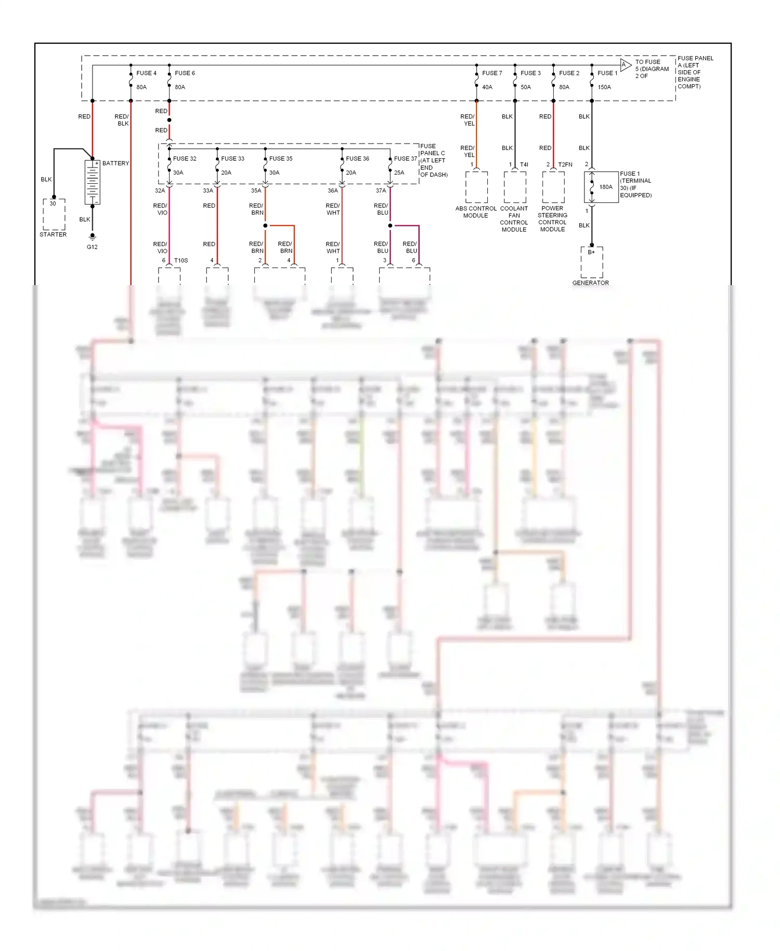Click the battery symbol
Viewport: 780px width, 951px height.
pyautogui.click(x=93, y=182)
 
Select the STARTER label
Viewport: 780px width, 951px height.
pyautogui.click(x=53, y=235)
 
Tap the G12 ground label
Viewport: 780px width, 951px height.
pyautogui.click(x=92, y=247)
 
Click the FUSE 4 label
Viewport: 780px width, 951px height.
pyautogui.click(x=146, y=73)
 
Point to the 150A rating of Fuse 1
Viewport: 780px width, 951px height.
pyautogui.click(x=604, y=87)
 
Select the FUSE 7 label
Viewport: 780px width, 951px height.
pyautogui.click(x=492, y=73)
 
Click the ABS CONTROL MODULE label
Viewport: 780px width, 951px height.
pyautogui.click(x=476, y=212)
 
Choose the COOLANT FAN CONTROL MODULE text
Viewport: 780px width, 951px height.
pyautogui.click(x=514, y=219)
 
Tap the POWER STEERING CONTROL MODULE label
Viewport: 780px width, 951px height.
pyautogui.click(x=552, y=219)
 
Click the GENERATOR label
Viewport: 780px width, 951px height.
pyautogui.click(x=590, y=283)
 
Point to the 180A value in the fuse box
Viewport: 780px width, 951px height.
pyautogui.click(x=606, y=187)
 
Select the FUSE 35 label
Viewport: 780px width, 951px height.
pyautogui.click(x=281, y=159)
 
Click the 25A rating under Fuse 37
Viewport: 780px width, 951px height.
pyautogui.click(x=399, y=173)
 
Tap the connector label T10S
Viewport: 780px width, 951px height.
pyautogui.click(x=181, y=261)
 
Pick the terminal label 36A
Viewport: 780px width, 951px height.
pyautogui.click(x=332, y=191)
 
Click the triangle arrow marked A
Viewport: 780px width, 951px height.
pyautogui.click(x=625, y=65)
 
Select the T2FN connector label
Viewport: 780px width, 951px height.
pyautogui.click(x=565, y=165)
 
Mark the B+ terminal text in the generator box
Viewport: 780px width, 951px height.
pyautogui.click(x=591, y=252)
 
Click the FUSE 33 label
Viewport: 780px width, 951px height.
pyautogui.click(x=232, y=159)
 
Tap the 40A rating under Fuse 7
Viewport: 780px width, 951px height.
pyautogui.click(x=487, y=87)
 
